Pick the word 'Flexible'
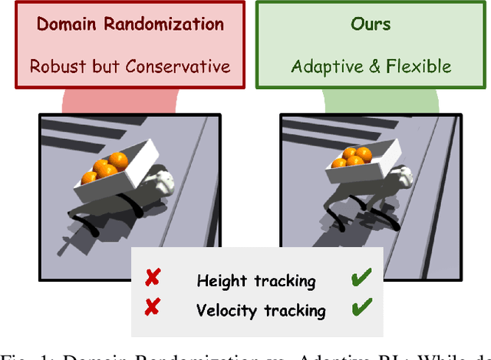tap(417, 66)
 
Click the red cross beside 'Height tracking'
tap(152, 278)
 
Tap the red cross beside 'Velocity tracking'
tap(152, 308)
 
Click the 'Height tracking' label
tap(255, 281)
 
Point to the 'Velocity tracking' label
tap(261, 311)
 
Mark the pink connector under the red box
tap(122, 102)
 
